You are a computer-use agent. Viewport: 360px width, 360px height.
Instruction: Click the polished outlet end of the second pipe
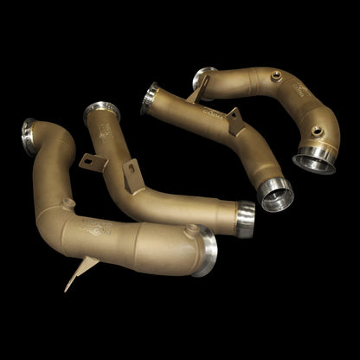click(x=245, y=219)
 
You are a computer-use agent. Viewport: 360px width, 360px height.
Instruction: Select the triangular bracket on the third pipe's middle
click(x=234, y=121)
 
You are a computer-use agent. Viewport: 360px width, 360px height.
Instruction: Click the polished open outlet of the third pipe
click(x=278, y=195)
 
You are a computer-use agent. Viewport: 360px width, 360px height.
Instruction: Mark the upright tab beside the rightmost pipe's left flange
click(x=200, y=89)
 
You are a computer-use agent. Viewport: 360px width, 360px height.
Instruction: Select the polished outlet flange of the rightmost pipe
click(x=313, y=158)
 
